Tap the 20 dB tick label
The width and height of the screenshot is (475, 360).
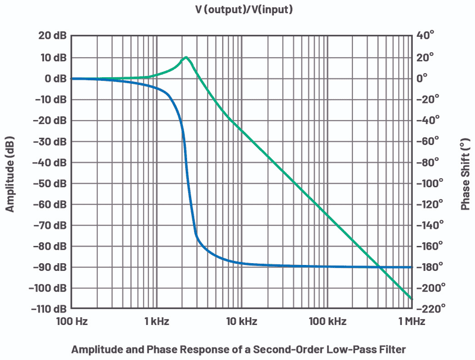tap(50, 36)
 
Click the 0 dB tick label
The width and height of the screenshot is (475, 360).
tap(53, 78)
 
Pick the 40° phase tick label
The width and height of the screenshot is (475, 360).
tap(426, 36)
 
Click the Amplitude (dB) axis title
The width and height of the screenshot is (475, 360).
tap(10, 172)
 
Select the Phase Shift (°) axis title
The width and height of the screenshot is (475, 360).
tap(465, 172)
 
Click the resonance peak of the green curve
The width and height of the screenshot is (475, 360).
tap(186, 58)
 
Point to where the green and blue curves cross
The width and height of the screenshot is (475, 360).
tap(379, 267)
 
